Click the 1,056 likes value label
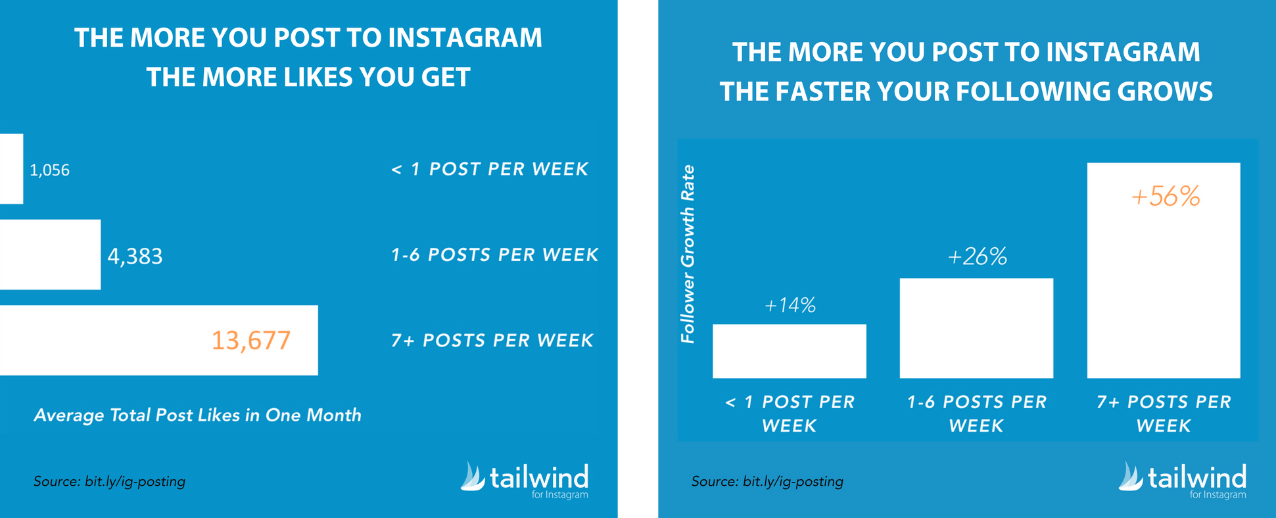coord(49,170)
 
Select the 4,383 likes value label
coord(135,256)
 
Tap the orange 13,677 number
coord(250,341)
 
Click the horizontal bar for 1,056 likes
coord(11,169)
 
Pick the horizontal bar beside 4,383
coord(50,254)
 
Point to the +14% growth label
coord(790,305)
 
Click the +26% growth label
coord(977,256)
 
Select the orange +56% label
coord(1166,197)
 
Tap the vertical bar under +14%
coord(790,351)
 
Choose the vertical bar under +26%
coord(976,328)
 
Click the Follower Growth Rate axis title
coord(688,254)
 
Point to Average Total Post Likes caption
coord(198,415)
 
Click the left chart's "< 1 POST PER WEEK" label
coord(490,169)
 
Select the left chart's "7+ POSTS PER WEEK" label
coord(492,341)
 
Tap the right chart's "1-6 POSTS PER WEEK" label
coord(976,413)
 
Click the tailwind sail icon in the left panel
coord(473,476)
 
